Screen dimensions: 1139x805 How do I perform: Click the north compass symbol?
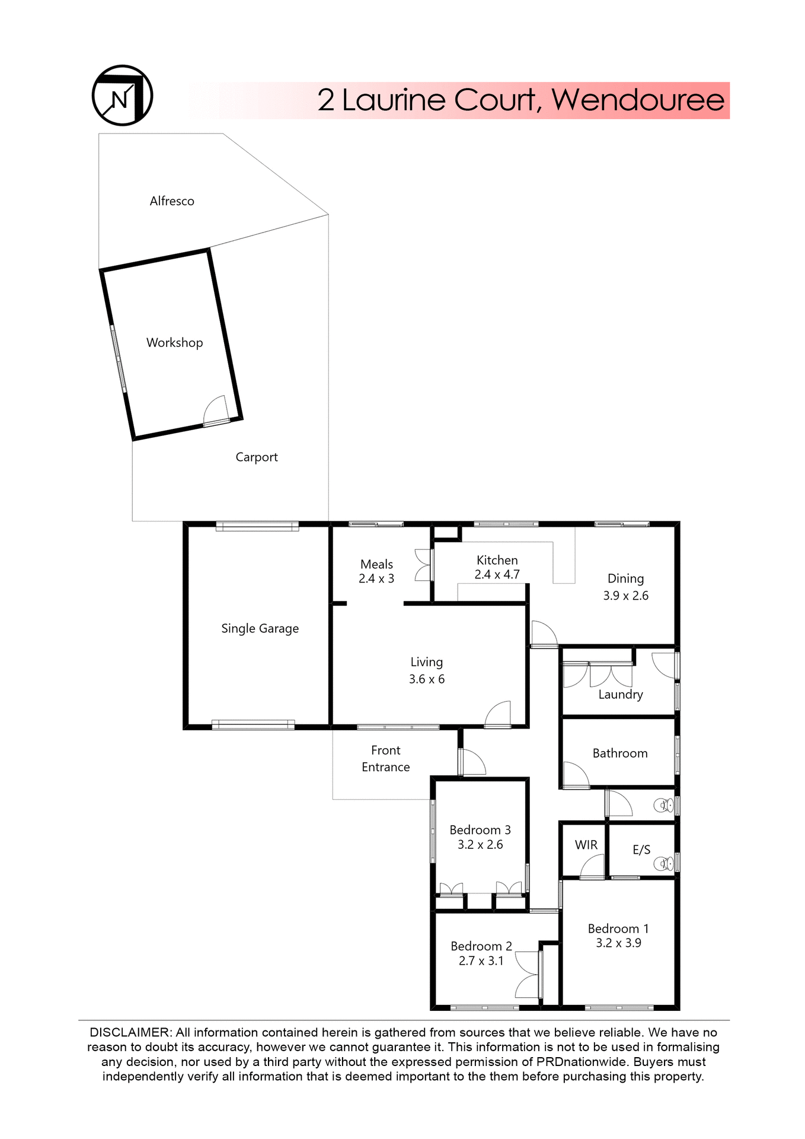pyautogui.click(x=122, y=96)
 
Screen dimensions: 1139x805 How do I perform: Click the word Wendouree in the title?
pyautogui.click(x=638, y=100)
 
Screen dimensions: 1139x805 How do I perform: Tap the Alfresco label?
pyautogui.click(x=172, y=201)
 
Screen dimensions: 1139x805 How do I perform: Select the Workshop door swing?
pyautogui.click(x=215, y=410)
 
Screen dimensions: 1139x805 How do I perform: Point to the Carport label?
pyautogui.click(x=256, y=457)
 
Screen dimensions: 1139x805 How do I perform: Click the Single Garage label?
pyautogui.click(x=260, y=629)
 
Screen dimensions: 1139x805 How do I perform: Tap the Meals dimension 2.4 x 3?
pyautogui.click(x=376, y=579)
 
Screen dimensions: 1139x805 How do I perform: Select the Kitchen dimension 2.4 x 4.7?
pyautogui.click(x=497, y=575)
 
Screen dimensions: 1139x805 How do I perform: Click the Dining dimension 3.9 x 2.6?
pyautogui.click(x=625, y=596)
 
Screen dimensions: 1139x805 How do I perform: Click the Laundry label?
pyautogui.click(x=620, y=695)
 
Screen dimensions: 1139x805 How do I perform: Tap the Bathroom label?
pyautogui.click(x=619, y=753)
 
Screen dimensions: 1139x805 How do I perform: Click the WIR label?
pyautogui.click(x=586, y=845)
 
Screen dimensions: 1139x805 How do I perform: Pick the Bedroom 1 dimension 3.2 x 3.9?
pyautogui.click(x=618, y=943)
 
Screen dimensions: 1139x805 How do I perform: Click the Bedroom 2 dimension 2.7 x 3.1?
pyautogui.click(x=481, y=961)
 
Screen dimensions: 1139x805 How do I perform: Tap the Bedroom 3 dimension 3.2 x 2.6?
pyautogui.click(x=480, y=845)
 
